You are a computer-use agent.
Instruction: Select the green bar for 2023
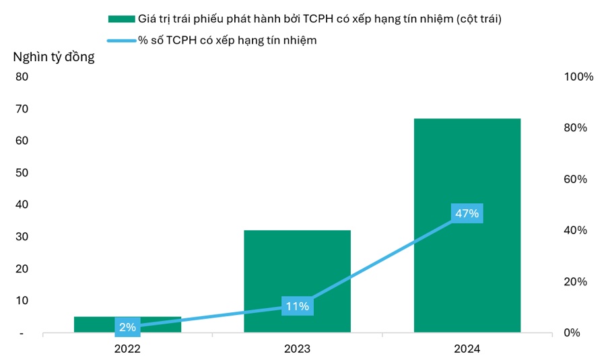(297, 269)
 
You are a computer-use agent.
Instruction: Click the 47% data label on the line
(467, 214)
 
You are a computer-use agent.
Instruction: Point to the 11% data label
(297, 306)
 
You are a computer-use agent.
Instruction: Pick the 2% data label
(127, 327)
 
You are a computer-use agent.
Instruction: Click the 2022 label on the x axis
(127, 349)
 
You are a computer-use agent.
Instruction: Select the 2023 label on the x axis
(297, 349)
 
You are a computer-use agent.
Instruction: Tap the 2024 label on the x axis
(467, 349)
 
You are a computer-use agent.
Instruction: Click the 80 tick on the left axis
(22, 77)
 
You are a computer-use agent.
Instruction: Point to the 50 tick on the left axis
(22, 173)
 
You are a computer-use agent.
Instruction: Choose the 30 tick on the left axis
(22, 237)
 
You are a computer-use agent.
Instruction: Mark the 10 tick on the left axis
(22, 301)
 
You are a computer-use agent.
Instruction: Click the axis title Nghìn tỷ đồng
(54, 57)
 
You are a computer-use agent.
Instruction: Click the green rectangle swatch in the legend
(121, 19)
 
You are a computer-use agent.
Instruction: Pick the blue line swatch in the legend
(121, 40)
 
